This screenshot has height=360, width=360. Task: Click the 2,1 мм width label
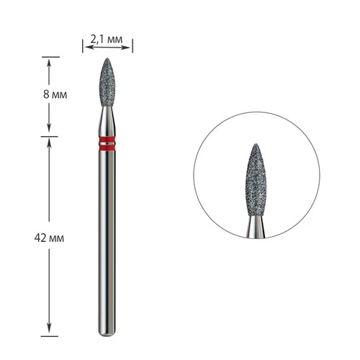[x=107, y=39]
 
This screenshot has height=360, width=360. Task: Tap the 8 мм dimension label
[x=55, y=94]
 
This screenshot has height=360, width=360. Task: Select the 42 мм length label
[x=49, y=238]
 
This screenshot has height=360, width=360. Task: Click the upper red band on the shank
[x=107, y=140]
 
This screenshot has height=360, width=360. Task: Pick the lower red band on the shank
[x=107, y=148]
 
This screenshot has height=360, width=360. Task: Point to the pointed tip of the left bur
[x=107, y=58]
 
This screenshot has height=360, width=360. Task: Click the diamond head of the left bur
[x=107, y=82]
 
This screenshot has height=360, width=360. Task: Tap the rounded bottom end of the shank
[x=107, y=334]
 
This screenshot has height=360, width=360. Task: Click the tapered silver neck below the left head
[x=107, y=121]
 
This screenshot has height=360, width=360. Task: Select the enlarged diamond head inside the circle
[x=256, y=180]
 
